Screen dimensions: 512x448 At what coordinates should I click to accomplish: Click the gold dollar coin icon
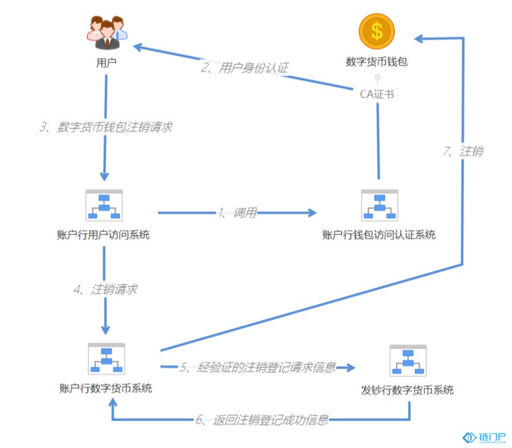click(x=377, y=31)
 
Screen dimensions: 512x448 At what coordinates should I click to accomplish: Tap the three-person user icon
click(x=107, y=33)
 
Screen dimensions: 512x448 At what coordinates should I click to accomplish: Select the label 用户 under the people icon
click(x=106, y=63)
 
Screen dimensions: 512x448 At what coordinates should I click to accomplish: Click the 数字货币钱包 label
click(x=377, y=62)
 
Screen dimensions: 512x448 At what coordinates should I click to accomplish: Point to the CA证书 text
click(x=377, y=94)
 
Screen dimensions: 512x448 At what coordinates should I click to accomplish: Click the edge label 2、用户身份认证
click(x=244, y=68)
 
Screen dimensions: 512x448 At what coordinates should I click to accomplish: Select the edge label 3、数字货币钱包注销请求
click(x=106, y=127)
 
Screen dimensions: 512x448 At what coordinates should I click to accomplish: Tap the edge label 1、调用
click(x=237, y=213)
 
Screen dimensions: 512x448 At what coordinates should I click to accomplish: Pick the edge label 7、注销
click(x=463, y=151)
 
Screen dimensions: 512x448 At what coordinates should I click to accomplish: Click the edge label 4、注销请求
click(x=106, y=289)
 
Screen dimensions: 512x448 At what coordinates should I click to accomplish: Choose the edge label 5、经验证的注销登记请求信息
click(x=257, y=368)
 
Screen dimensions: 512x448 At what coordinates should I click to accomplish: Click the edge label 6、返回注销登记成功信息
click(x=262, y=419)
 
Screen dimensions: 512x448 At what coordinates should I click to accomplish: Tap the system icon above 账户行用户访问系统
click(x=104, y=205)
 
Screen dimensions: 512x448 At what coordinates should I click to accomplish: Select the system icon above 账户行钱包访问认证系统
click(x=380, y=205)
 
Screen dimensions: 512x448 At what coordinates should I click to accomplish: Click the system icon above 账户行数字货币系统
click(x=106, y=359)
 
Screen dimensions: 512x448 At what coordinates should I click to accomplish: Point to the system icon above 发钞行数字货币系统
click(x=408, y=361)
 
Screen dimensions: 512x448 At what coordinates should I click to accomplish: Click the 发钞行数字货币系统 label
click(x=407, y=390)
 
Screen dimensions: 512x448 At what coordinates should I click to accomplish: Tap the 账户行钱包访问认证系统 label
click(x=379, y=235)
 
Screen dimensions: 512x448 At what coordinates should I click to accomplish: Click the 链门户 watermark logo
click(x=484, y=437)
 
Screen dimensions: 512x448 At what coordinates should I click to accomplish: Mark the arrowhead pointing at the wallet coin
click(x=419, y=39)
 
